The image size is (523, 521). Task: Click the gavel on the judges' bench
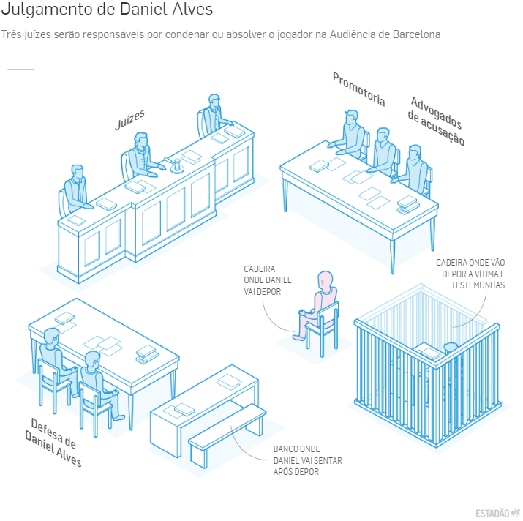tap(173, 164)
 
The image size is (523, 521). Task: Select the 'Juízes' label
tap(129, 119)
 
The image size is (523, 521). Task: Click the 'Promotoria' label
tap(359, 89)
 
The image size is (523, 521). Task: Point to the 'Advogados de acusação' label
tap(436, 121)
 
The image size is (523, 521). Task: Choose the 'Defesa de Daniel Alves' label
tap(53, 442)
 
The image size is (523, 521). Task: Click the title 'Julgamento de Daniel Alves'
tap(107, 9)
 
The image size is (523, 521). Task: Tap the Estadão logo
tap(497, 513)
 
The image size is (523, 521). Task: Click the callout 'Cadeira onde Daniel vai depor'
tap(267, 280)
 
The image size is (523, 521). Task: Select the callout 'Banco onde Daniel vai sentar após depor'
tap(307, 460)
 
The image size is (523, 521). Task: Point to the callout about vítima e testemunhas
tap(470, 274)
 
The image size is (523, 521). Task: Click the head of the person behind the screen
tap(451, 348)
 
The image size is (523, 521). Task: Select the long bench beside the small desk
tap(227, 433)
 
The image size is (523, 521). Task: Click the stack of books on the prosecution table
tap(407, 204)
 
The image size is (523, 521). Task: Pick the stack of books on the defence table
tap(147, 354)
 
